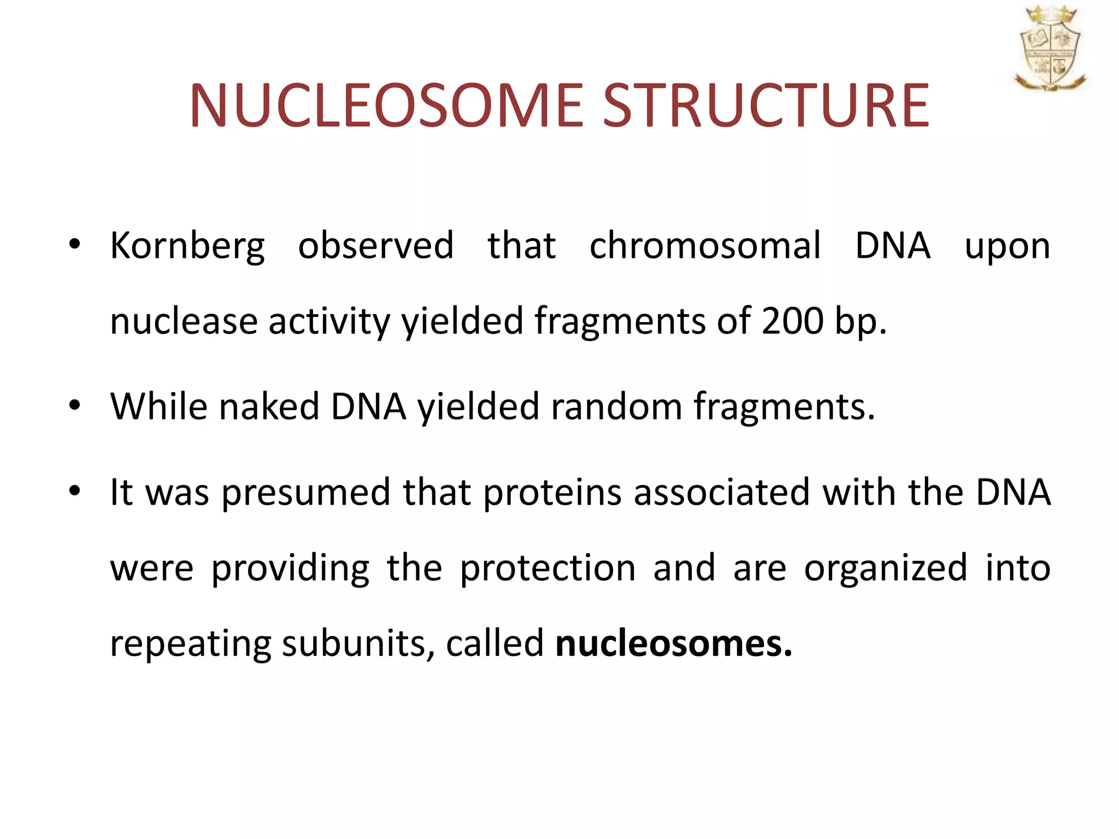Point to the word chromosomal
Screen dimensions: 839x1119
pyautogui.click(x=705, y=245)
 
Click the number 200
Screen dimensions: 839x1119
pyautogui.click(x=792, y=321)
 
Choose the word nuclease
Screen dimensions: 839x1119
pyautogui.click(x=184, y=322)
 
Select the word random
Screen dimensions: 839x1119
pyautogui.click(x=616, y=406)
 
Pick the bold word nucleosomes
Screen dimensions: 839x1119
pyautogui.click(x=673, y=643)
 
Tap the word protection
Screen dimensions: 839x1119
pyautogui.click(x=547, y=569)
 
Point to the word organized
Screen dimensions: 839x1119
pyautogui.click(x=885, y=569)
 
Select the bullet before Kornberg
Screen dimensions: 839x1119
pyautogui.click(x=75, y=244)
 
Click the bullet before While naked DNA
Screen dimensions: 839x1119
pyautogui.click(x=75, y=405)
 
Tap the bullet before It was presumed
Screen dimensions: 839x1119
pyautogui.click(x=75, y=491)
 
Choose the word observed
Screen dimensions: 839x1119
pyautogui.click(x=375, y=245)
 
